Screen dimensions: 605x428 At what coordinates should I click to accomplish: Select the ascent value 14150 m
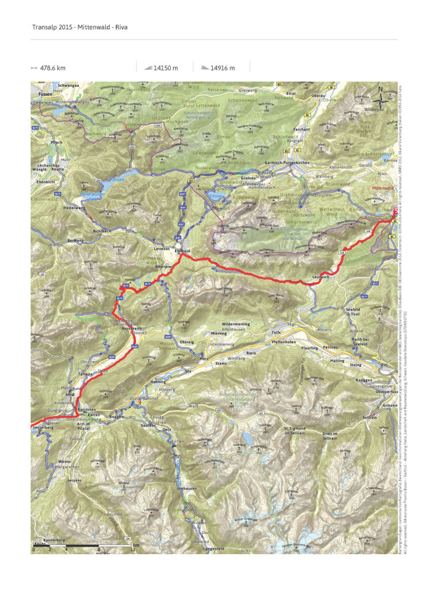tap(166, 68)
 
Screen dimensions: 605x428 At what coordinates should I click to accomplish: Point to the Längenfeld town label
tap(199, 549)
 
